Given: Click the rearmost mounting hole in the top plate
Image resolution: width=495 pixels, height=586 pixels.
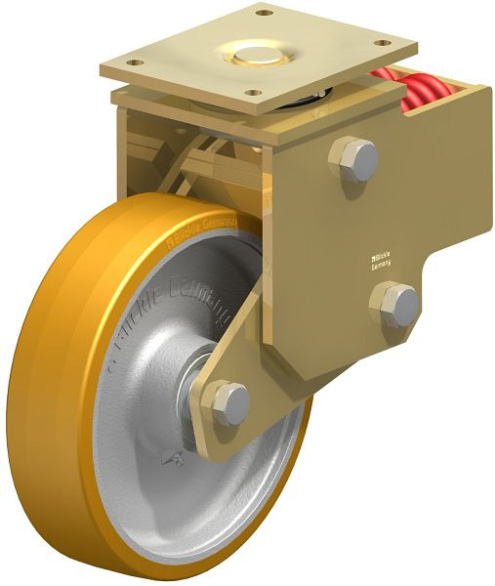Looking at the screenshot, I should point(262,14).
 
